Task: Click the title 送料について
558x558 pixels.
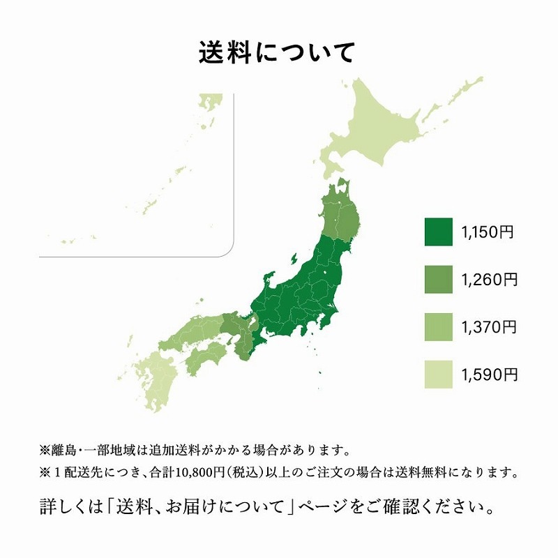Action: click(x=278, y=53)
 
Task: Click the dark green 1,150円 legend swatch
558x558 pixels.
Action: click(x=439, y=232)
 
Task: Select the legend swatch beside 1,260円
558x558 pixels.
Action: click(x=439, y=280)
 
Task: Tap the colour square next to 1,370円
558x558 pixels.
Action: click(x=439, y=328)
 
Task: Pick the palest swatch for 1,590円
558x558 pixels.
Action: click(x=439, y=375)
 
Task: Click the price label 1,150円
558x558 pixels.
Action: click(x=488, y=232)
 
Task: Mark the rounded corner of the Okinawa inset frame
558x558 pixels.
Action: click(x=227, y=250)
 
